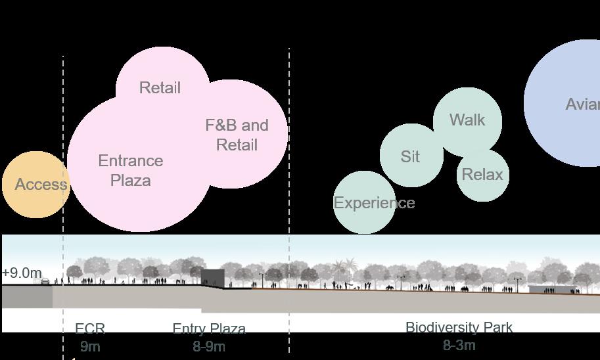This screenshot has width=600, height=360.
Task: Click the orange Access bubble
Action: point(36,185)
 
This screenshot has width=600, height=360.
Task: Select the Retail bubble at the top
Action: point(160,87)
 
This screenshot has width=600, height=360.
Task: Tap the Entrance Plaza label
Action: point(131,170)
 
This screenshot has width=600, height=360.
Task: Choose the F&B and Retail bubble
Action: point(237,135)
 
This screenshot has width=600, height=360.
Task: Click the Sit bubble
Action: point(411,156)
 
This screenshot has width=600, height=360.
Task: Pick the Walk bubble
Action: point(467,120)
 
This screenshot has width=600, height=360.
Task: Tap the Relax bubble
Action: point(482,175)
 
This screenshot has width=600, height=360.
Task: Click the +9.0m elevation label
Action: point(22,273)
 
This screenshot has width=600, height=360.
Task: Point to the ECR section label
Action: point(90,328)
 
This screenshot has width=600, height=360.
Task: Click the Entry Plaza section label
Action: point(209,328)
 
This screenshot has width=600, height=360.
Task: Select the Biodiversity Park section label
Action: point(459,327)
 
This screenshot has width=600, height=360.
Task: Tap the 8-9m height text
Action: point(209,346)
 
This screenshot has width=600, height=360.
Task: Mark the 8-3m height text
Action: point(459,345)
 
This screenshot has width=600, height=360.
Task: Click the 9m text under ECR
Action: point(90,346)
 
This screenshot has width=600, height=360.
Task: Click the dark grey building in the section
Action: point(212,278)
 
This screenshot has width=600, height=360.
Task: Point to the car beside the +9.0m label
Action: point(45,282)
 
